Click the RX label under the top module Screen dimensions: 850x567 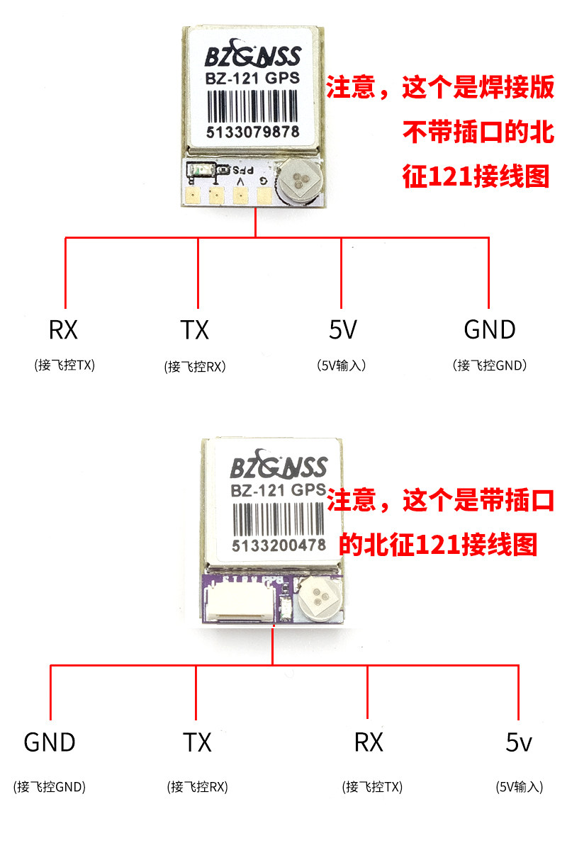tap(63, 329)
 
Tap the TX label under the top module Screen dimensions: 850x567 tap(194, 329)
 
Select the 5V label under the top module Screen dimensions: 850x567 tap(342, 329)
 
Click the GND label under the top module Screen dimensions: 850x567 tap(489, 329)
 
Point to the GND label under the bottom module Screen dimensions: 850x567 tap(50, 742)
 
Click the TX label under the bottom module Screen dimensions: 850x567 tap(197, 742)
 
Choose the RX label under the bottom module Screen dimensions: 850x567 tap(369, 742)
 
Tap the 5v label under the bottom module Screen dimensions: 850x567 tap(519, 742)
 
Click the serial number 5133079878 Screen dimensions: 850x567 tap(253, 132)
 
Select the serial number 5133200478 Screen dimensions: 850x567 tap(278, 545)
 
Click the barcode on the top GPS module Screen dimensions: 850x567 tap(253, 107)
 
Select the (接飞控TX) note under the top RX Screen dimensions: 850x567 tap(64, 365)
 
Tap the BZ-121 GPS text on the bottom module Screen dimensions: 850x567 tap(278, 489)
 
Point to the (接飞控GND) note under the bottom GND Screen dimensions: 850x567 tap(50, 786)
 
